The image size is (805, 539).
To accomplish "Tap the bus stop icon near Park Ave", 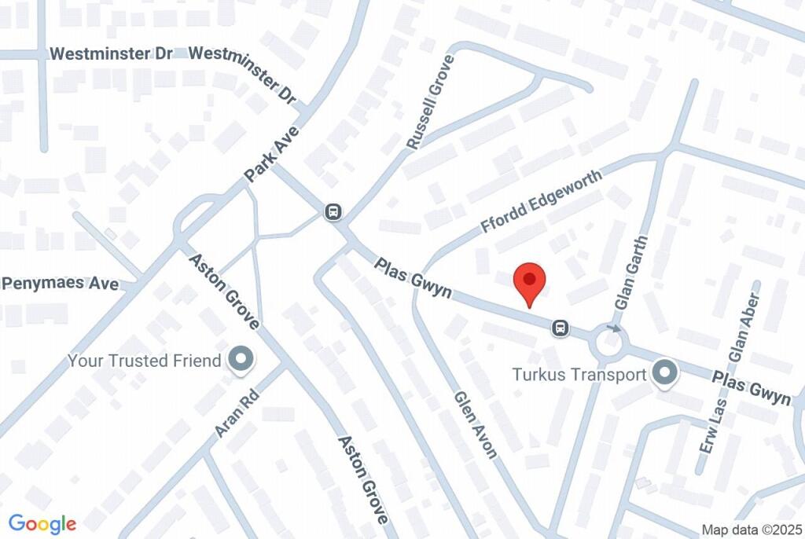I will (x=334, y=211).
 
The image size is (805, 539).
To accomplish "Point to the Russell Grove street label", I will (x=431, y=103).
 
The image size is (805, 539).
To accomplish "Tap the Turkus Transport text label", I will (x=579, y=374).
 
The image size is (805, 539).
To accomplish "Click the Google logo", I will (x=42, y=523).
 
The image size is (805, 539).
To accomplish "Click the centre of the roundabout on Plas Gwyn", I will (x=611, y=343).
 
